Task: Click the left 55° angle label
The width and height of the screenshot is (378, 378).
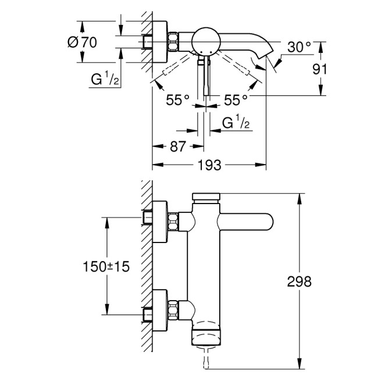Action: [177, 100]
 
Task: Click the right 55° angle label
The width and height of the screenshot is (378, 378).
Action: [236, 100]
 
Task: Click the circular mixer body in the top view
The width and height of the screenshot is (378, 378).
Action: [205, 40]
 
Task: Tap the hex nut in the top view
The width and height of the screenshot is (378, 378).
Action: [173, 41]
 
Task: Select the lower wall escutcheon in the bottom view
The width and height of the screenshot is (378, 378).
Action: [161, 306]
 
